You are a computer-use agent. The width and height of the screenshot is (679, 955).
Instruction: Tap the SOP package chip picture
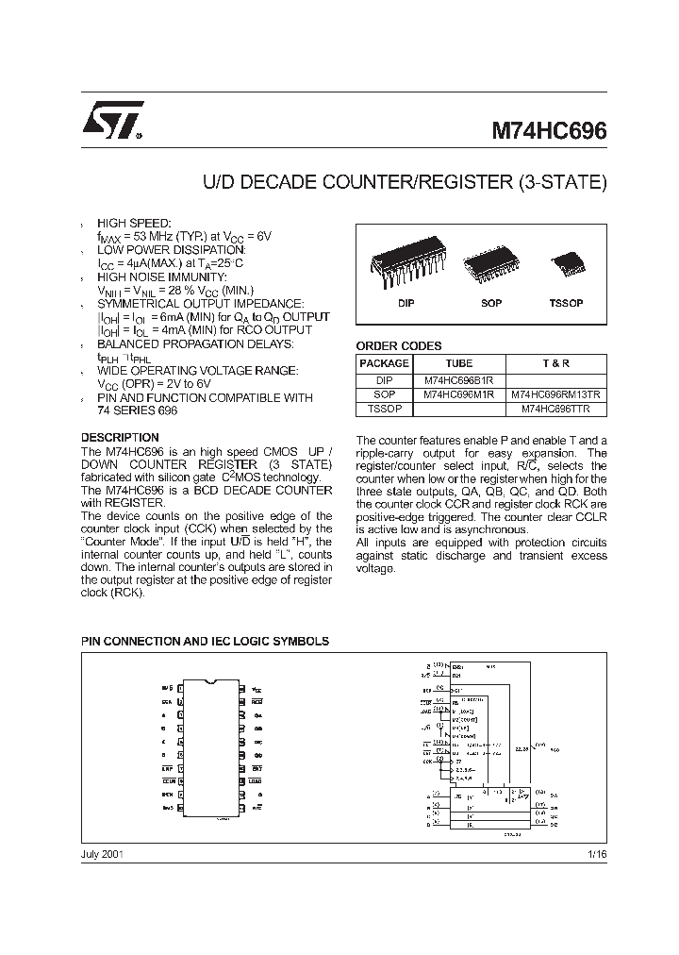491,268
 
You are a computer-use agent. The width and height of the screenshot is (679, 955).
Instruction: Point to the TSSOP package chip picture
567,261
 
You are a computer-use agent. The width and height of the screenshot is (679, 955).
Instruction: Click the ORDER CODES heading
398,346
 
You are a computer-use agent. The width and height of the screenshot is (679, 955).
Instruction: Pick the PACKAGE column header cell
385,363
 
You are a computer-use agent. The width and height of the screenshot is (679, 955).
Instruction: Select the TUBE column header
459,363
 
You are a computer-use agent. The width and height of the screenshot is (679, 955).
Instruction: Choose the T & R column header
555,363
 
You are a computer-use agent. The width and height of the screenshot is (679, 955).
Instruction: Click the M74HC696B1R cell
459,379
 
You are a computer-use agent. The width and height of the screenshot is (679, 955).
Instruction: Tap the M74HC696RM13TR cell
555,394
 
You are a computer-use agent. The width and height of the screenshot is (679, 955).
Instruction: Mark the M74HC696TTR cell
555,410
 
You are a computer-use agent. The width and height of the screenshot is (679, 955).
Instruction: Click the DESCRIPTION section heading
120,438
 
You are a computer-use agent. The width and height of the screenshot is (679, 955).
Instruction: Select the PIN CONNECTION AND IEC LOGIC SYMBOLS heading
205,641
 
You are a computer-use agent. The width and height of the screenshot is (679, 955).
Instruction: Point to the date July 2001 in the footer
103,853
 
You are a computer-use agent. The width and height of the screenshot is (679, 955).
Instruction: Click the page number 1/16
598,853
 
